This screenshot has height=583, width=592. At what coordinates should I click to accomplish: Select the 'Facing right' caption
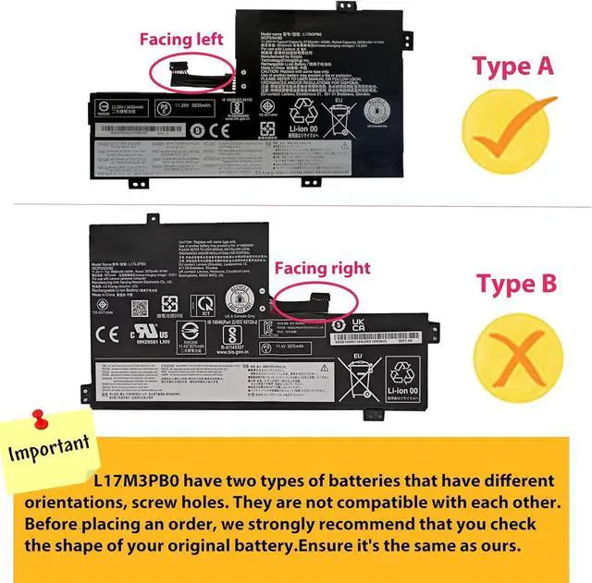(x=322, y=268)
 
